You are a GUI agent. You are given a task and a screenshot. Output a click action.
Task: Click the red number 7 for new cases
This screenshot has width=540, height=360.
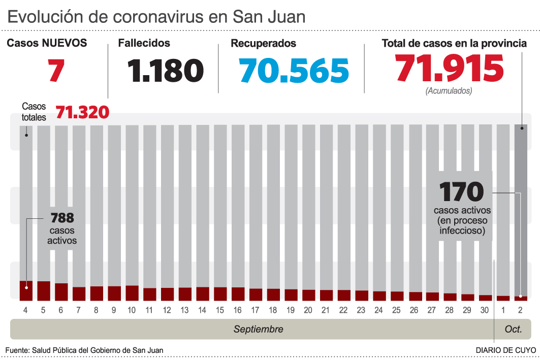tap(56, 70)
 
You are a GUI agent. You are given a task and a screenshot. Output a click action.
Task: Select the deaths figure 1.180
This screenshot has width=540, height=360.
tap(166, 70)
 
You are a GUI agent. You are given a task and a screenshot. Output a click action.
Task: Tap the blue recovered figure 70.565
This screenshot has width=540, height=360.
tap(295, 70)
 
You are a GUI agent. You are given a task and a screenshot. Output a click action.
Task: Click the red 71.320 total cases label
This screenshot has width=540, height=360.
tap(82, 112)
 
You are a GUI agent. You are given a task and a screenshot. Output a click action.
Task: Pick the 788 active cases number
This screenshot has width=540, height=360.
tap(62, 218)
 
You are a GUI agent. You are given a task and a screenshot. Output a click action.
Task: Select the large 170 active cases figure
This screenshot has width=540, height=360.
tap(461, 192)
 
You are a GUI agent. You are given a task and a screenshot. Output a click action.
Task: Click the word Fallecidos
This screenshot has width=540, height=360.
tap(144, 44)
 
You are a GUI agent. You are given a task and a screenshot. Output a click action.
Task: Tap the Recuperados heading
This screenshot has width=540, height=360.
tap(263, 44)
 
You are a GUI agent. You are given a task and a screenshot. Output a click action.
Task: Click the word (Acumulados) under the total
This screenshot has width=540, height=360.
tap(449, 91)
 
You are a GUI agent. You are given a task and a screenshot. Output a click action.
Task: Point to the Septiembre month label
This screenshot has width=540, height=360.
tap(258, 330)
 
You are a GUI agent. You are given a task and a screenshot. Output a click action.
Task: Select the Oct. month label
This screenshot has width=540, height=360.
tap(513, 330)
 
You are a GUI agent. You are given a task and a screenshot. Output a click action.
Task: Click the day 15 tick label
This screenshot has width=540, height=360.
tap(220, 310)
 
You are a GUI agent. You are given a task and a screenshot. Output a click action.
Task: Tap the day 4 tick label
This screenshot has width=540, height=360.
tap(26, 310)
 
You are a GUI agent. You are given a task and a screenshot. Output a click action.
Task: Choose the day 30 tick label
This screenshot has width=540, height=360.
tap(485, 310)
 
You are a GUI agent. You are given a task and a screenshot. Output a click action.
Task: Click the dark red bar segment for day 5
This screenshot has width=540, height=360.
tap(44, 290)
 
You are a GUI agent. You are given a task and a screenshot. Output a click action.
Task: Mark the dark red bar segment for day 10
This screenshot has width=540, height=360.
tap(132, 292)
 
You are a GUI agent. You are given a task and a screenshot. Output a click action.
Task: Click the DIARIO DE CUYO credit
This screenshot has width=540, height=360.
tap(505, 350)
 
